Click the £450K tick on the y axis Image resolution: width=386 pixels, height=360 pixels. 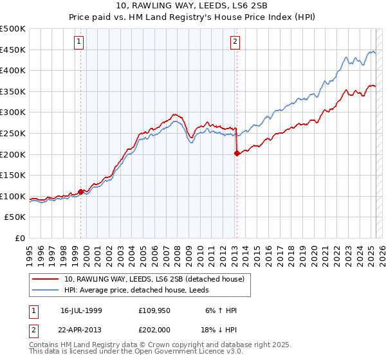tap(13, 50)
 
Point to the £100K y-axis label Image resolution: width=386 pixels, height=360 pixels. tap(13, 196)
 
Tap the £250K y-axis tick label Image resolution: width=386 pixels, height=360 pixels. tap(13, 133)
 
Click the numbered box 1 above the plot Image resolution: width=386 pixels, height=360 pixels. tap(78, 42)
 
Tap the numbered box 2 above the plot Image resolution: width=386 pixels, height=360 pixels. tap(235, 42)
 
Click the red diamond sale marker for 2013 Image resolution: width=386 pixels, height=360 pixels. tap(237, 153)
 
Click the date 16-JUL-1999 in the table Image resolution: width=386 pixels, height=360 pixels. tap(82, 310)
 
